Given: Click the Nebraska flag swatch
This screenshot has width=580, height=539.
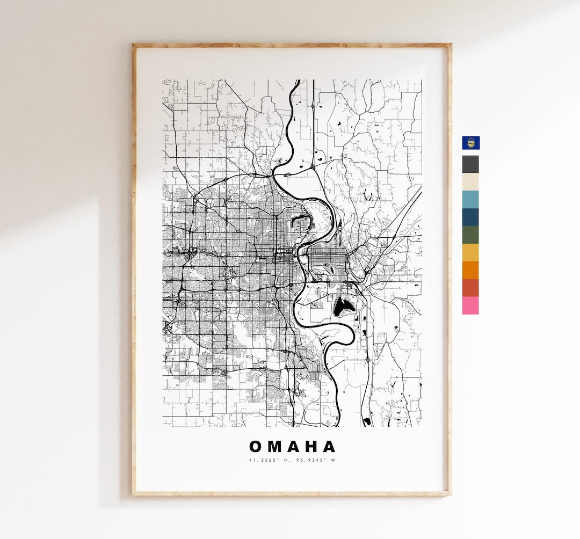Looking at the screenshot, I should (x=471, y=143).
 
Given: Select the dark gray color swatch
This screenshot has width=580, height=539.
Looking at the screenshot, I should (x=470, y=164).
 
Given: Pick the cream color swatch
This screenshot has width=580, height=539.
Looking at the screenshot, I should (x=470, y=181).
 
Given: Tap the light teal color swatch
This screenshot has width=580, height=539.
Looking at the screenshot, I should (x=470, y=199).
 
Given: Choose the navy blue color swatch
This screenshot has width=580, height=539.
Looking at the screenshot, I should (x=470, y=217).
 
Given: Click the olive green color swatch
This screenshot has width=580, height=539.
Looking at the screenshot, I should (x=470, y=235).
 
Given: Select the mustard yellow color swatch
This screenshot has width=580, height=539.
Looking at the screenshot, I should (x=470, y=252).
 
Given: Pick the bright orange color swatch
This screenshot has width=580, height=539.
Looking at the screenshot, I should (x=470, y=270).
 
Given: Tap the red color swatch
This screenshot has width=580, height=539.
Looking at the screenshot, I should (x=470, y=288).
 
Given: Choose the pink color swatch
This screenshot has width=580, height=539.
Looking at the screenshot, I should (x=470, y=305).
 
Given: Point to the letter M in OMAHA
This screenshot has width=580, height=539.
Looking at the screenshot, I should (x=275, y=447).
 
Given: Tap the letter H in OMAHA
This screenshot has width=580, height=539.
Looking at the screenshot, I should (x=312, y=447).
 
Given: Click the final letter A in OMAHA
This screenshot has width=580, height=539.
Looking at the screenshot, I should (x=329, y=447).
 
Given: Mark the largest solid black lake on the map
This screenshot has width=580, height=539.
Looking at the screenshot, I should (x=342, y=308).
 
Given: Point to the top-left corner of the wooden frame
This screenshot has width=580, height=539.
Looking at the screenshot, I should (x=134, y=45).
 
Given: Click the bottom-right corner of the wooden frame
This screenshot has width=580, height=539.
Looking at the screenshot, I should (x=450, y=494).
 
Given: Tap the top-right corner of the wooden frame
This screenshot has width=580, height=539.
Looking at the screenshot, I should (x=450, y=45).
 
